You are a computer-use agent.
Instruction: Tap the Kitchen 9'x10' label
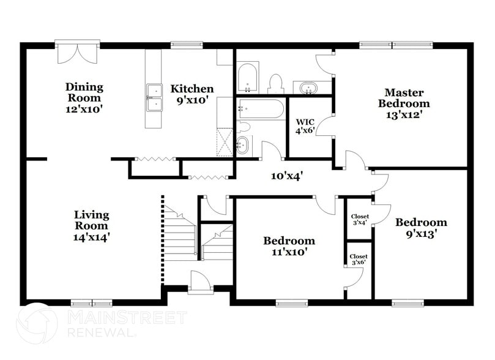192,94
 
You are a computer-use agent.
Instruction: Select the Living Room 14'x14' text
92,225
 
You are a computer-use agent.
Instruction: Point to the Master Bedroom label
403,103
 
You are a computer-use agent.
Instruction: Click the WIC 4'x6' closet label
305,126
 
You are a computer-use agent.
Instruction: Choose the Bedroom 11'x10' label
289,246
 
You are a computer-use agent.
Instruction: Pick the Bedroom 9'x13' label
420,227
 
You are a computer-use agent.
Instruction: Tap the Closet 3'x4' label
359,219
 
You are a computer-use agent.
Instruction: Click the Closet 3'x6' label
358,260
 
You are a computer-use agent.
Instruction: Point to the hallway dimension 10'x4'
287,176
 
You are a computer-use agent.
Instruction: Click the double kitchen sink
154,99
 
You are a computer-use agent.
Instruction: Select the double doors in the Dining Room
76,53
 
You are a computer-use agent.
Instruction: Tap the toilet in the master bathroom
276,83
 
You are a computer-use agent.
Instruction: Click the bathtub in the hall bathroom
261,110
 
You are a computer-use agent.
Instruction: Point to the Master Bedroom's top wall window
396,44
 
